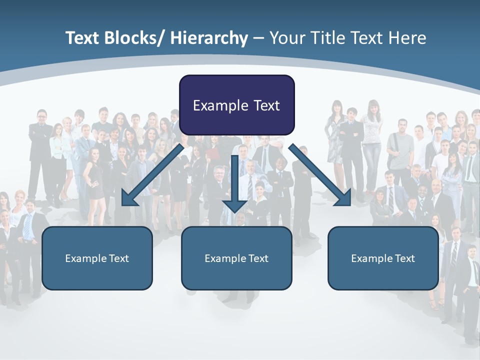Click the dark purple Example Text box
click(x=236, y=105)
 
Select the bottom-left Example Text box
click(x=97, y=258)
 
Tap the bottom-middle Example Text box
click(x=236, y=258)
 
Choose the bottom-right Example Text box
click(x=383, y=258)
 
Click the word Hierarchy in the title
click(x=209, y=38)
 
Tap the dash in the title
click(x=258, y=38)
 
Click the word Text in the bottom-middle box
click(x=258, y=258)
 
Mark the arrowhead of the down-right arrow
click(x=344, y=198)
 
